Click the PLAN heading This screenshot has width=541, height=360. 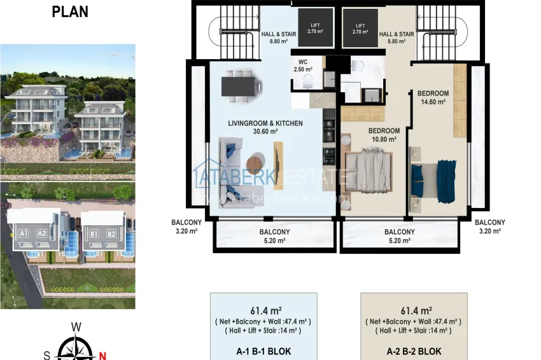(70, 11)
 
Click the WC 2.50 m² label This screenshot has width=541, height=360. (302, 66)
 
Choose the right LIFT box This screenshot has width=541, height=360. (360, 27)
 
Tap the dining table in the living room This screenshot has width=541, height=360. (240, 87)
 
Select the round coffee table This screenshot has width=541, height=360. (256, 160)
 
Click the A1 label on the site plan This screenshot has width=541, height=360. (25, 233)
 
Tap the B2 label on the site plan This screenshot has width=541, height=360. (111, 233)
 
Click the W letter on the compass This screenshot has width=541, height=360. (76, 327)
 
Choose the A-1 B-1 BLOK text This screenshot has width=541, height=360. (263, 351)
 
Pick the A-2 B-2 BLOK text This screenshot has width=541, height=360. (414, 351)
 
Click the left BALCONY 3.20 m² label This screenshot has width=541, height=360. (186, 226)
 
